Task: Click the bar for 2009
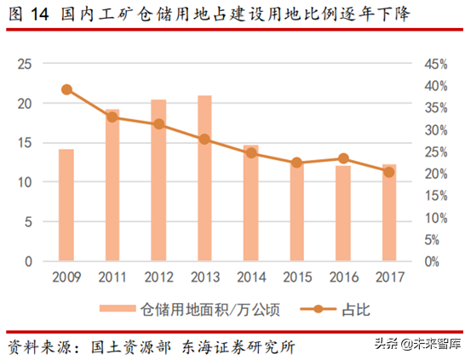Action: tap(66, 205)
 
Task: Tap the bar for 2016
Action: tap(342, 214)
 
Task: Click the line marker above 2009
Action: tap(66, 89)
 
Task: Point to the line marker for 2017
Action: tap(388, 172)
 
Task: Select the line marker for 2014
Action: tap(250, 153)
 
